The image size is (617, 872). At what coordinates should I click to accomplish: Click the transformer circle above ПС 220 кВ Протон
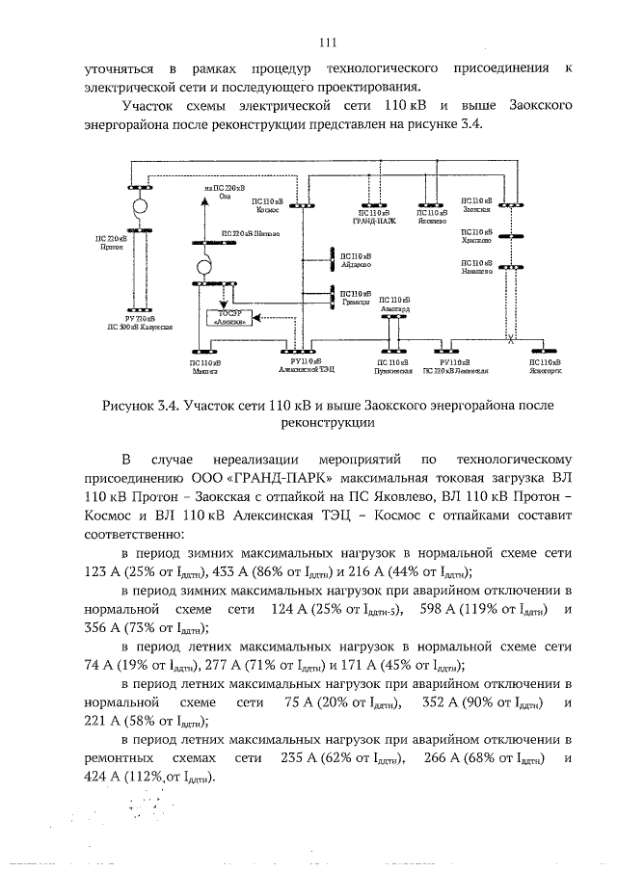[140, 206]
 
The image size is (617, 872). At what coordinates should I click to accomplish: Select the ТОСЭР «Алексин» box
[228, 319]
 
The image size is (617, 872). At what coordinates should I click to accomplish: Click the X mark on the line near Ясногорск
[512, 339]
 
